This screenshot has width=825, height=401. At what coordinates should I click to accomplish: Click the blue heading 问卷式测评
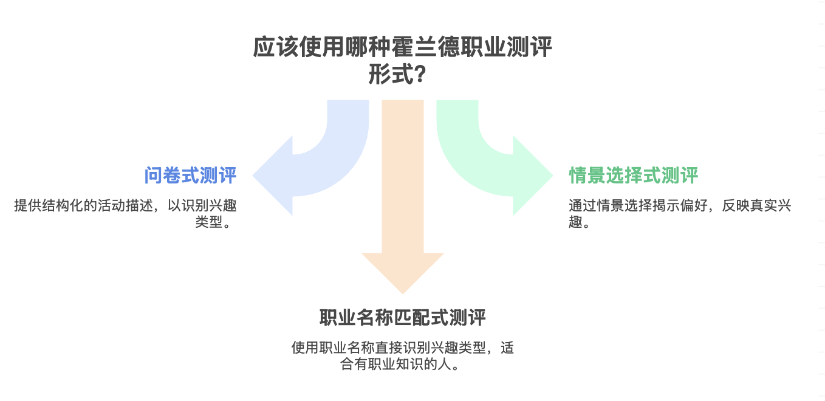(x=190, y=176)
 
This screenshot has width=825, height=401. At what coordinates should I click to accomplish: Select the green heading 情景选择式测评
(x=633, y=176)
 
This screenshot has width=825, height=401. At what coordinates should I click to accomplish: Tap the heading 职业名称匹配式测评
(x=403, y=318)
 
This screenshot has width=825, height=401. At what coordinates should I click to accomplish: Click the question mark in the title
(x=419, y=76)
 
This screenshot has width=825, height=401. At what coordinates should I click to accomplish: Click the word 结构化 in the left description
(x=61, y=205)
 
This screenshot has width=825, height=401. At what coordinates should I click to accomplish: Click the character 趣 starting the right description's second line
(x=575, y=222)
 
